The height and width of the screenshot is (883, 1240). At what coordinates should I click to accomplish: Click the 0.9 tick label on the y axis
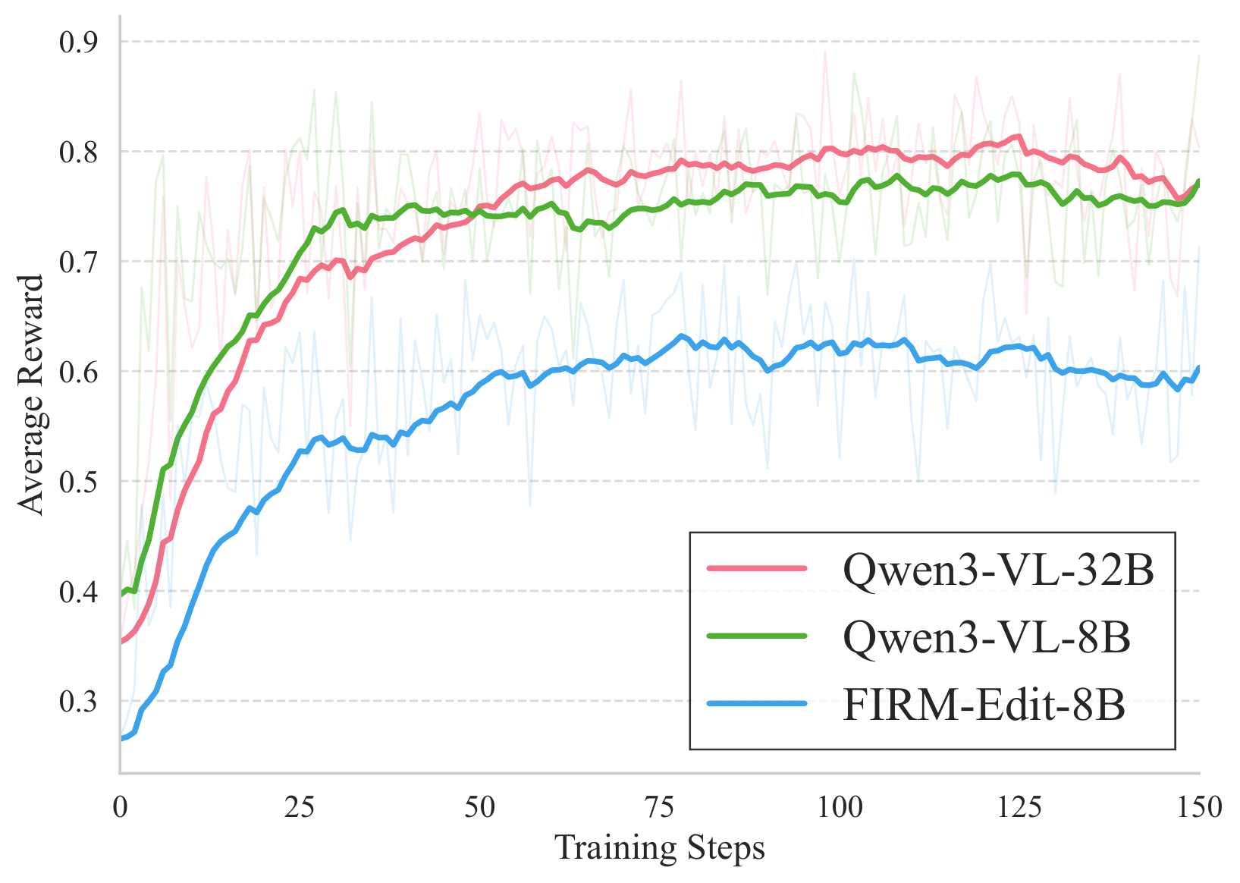pos(78,42)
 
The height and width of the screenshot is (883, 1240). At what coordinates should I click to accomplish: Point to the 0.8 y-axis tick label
pos(78,152)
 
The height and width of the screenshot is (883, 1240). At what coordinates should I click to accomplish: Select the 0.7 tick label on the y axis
pos(78,262)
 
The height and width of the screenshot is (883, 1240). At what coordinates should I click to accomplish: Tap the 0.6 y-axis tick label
pos(78,372)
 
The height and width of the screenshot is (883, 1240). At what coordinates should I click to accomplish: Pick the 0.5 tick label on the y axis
pos(78,482)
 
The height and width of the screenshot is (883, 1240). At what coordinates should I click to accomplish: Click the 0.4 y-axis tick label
pos(78,592)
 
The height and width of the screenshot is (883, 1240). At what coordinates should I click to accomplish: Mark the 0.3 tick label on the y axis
pos(78,701)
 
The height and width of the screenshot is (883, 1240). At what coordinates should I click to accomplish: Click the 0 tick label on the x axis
pos(120,807)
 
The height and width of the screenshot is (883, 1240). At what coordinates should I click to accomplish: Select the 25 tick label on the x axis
pos(300,807)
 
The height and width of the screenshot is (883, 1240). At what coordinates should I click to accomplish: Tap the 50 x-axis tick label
pos(479,807)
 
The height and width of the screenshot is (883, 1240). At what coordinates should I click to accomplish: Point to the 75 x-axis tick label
pos(659,807)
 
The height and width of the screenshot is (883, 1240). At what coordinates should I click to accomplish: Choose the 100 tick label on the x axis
pos(840,807)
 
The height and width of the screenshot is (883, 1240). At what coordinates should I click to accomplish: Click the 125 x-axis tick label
pos(1019,807)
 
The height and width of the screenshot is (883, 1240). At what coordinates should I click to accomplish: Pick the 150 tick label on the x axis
pos(1199,807)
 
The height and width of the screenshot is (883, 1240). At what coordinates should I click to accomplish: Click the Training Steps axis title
pos(660,848)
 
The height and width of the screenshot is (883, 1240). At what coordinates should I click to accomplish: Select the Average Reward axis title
pos(32,394)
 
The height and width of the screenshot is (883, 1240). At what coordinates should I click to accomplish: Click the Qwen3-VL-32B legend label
pos(998,569)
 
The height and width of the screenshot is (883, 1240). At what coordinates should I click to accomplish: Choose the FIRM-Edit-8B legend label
pos(984,705)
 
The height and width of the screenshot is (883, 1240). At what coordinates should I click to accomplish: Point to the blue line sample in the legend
pos(757,705)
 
